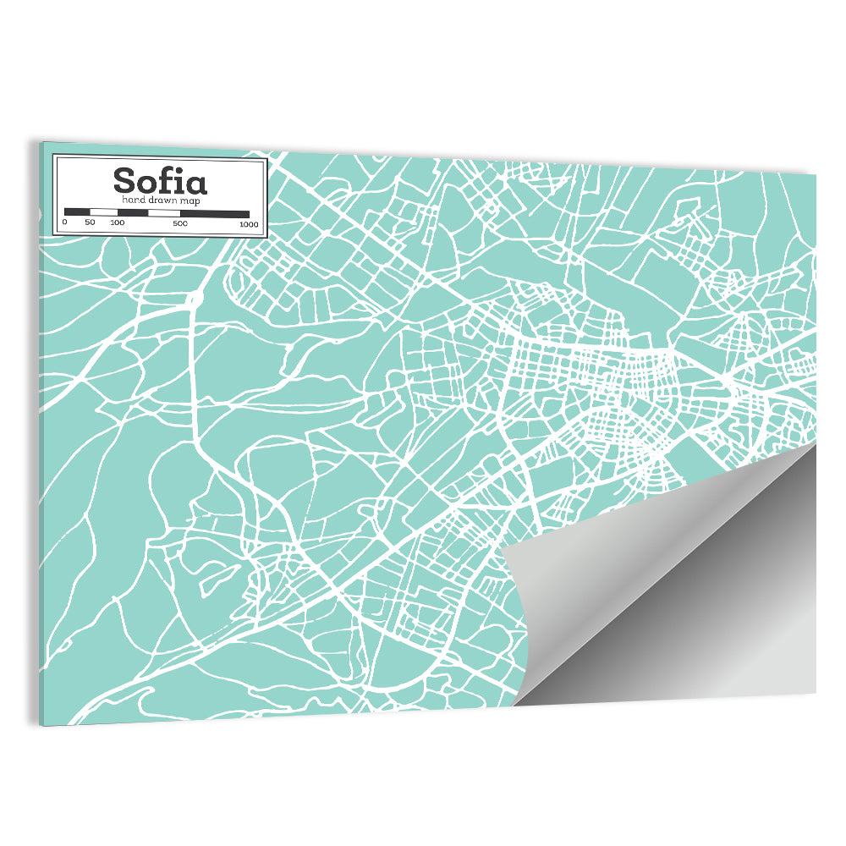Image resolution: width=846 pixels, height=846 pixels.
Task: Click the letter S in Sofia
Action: click(x=124, y=180)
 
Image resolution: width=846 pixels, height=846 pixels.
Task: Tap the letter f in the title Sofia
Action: click(x=165, y=179)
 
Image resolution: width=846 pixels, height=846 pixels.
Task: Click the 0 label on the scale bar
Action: click(x=64, y=222)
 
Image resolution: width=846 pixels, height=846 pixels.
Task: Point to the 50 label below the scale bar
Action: click(x=90, y=222)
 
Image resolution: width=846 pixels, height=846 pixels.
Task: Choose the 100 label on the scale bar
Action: click(x=117, y=222)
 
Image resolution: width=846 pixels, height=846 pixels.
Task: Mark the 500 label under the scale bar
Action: click(x=180, y=223)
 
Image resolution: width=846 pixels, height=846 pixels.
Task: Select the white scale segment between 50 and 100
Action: click(x=102, y=211)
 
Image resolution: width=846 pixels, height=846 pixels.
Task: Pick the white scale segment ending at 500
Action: click(x=164, y=212)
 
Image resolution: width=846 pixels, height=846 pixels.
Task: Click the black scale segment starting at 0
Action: click(x=77, y=211)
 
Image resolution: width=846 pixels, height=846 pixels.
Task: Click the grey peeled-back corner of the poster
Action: click(x=677, y=584)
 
